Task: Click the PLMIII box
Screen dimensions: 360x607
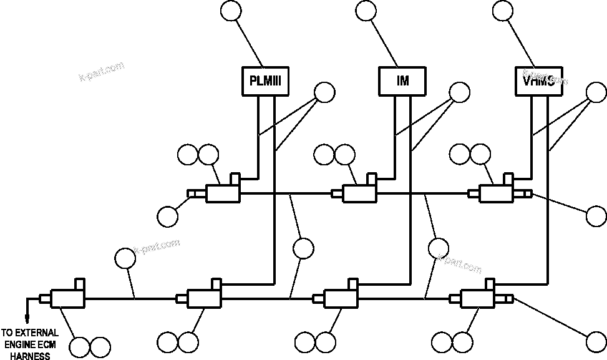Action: pos(265,81)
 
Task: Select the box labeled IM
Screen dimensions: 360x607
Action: pos(402,81)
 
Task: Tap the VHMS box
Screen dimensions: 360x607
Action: pos(538,81)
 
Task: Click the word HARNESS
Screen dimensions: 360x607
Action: pos(30,356)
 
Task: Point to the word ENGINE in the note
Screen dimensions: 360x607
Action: pos(18,344)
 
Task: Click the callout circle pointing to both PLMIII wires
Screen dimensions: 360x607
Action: pos(325,93)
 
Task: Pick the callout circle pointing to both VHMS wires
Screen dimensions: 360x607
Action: pos(596,93)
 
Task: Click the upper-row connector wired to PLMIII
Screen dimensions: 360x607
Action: pos(223,191)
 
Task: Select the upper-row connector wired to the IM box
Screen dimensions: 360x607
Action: pos(359,191)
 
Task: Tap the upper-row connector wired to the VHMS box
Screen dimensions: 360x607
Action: pos(496,191)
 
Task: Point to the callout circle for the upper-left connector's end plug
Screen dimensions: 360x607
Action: pos(168,216)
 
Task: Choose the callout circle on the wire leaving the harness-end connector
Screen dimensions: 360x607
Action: pos(125,258)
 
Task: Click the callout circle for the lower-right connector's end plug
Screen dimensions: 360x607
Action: pos(596,341)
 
